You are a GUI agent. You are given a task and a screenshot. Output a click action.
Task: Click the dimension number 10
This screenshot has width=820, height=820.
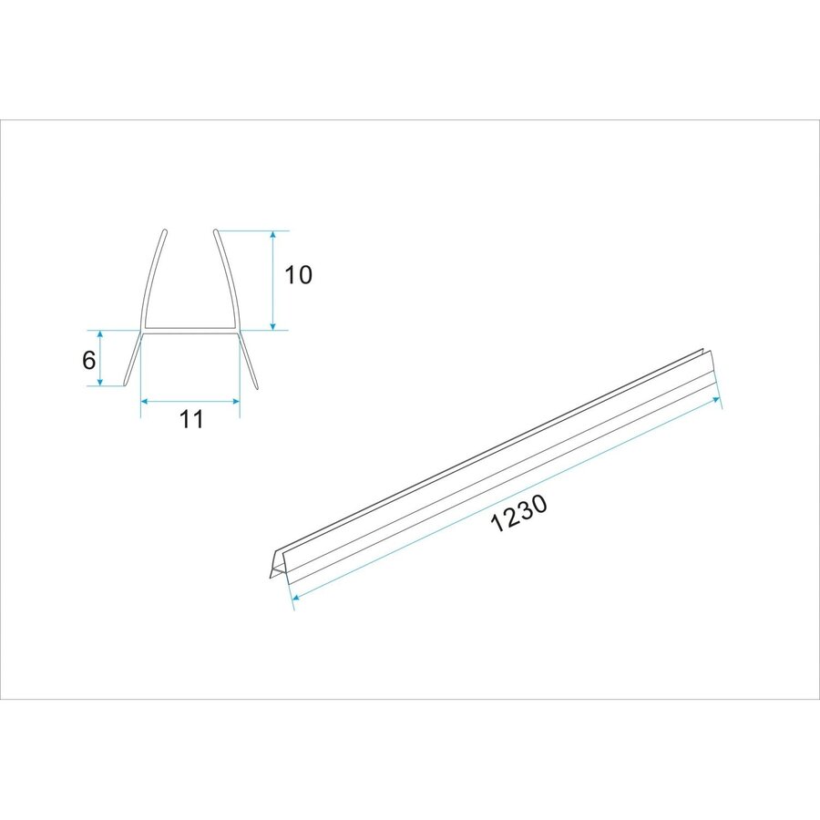[298, 275]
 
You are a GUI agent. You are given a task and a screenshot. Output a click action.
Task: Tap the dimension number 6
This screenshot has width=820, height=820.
[88, 360]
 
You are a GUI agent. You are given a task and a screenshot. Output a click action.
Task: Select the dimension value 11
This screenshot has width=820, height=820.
[190, 419]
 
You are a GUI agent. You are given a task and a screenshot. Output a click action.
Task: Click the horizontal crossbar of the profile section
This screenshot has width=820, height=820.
[190, 328]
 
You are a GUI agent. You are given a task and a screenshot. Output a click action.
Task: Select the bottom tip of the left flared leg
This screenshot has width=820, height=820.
[126, 384]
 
